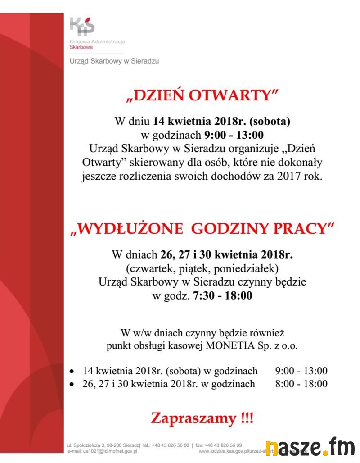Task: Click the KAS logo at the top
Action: pyautogui.click(x=82, y=26)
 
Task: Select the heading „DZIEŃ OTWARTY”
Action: pyautogui.click(x=202, y=95)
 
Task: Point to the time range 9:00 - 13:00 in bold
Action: pyautogui.click(x=234, y=135)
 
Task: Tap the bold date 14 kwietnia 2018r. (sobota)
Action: pyautogui.click(x=221, y=121)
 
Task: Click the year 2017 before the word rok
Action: pyautogui.click(x=291, y=176)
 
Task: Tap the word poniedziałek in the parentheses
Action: pyautogui.click(x=252, y=269)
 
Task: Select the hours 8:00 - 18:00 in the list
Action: pyautogui.click(x=301, y=384)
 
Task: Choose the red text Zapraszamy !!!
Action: pyautogui.click(x=202, y=418)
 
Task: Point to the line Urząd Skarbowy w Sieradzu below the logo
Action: pyautogui.click(x=114, y=61)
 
